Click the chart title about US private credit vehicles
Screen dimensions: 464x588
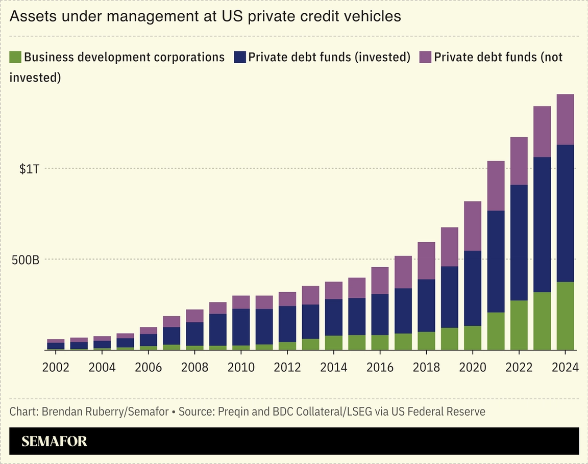click(205, 17)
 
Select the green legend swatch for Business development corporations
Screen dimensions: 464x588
click(15, 57)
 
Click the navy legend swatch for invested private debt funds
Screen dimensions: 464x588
click(240, 57)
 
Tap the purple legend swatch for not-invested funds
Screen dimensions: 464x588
click(426, 57)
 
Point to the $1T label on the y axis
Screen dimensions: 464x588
click(29, 169)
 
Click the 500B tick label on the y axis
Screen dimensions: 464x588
click(26, 260)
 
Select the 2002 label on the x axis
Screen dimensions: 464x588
click(56, 367)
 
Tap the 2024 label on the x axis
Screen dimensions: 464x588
click(565, 367)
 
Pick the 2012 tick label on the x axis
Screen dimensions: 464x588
click(287, 367)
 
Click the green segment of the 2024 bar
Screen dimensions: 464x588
click(565, 316)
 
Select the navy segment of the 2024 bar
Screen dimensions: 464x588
click(565, 213)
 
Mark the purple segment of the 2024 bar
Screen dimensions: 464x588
click(565, 119)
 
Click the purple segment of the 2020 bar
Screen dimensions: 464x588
click(472, 226)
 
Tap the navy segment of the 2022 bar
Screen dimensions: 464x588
click(519, 242)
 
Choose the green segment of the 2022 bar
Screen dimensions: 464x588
click(519, 325)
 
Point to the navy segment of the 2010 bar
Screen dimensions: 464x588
click(241, 327)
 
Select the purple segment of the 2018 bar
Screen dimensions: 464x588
click(426, 261)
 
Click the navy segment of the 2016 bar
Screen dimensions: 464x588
click(380, 314)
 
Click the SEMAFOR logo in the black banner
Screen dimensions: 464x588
click(54, 441)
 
